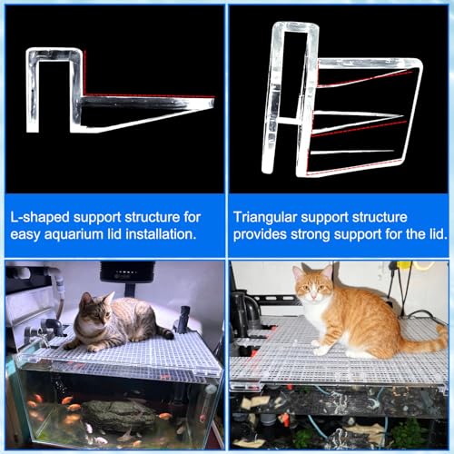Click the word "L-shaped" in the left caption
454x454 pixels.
(x=40, y=217)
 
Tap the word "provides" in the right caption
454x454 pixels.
(x=260, y=235)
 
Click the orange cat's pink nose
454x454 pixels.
(x=312, y=293)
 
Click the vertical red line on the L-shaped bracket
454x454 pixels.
(x=84, y=73)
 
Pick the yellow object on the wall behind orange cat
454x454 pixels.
(x=406, y=265)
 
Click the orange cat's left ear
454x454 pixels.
(x=327, y=271)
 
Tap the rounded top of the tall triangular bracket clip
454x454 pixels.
(x=295, y=26)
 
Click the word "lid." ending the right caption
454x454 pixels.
(x=439, y=234)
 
